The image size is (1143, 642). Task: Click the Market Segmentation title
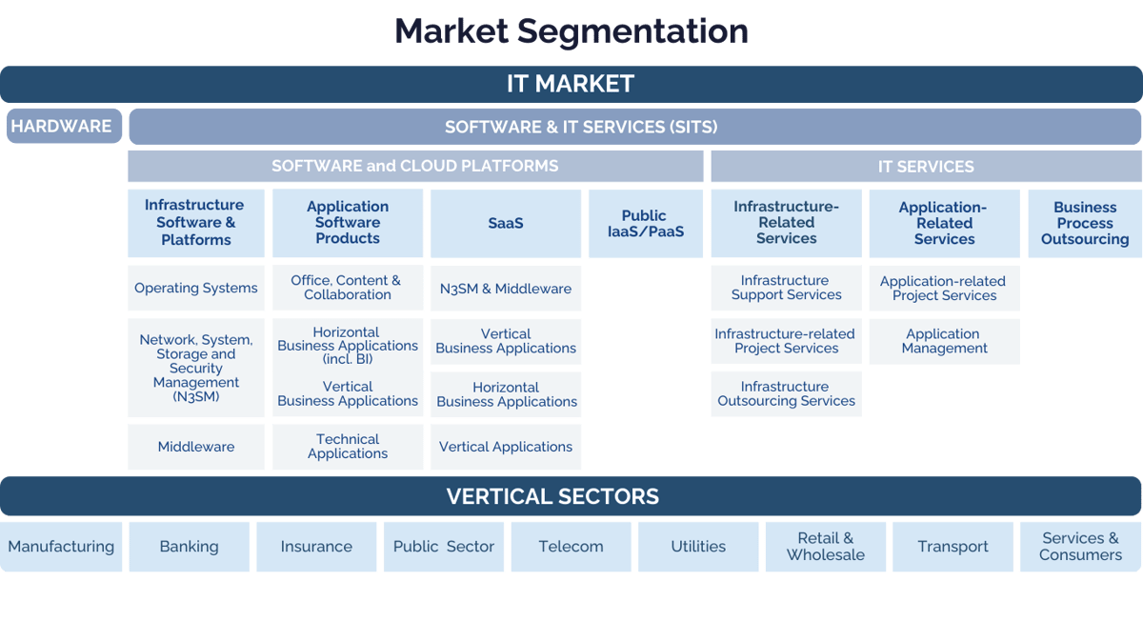coord(571,30)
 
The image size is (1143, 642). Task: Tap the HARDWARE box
coord(63,126)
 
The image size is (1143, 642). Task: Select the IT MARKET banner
coord(571,84)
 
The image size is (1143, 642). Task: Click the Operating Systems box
coord(196,288)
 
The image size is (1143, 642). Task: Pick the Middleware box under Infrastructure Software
coord(196,447)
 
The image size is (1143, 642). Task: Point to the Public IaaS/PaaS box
coord(645,224)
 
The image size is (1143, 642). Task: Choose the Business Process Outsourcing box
coord(1084,224)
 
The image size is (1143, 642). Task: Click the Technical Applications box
coord(348,447)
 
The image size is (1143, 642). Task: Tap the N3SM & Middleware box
coord(505,288)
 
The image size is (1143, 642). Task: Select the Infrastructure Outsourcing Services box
coord(786,393)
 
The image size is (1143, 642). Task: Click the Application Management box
coord(943,341)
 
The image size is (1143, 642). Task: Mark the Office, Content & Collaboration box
coord(348,288)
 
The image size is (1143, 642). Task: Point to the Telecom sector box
coord(571,547)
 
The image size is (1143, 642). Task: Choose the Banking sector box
coord(189,547)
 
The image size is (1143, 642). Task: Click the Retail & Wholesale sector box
coord(825,547)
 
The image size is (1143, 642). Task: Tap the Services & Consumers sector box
coord(1080,547)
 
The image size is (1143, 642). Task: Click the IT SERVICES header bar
coord(926,167)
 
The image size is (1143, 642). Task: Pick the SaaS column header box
coord(505,224)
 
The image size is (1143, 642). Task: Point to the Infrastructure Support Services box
coord(786,288)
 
